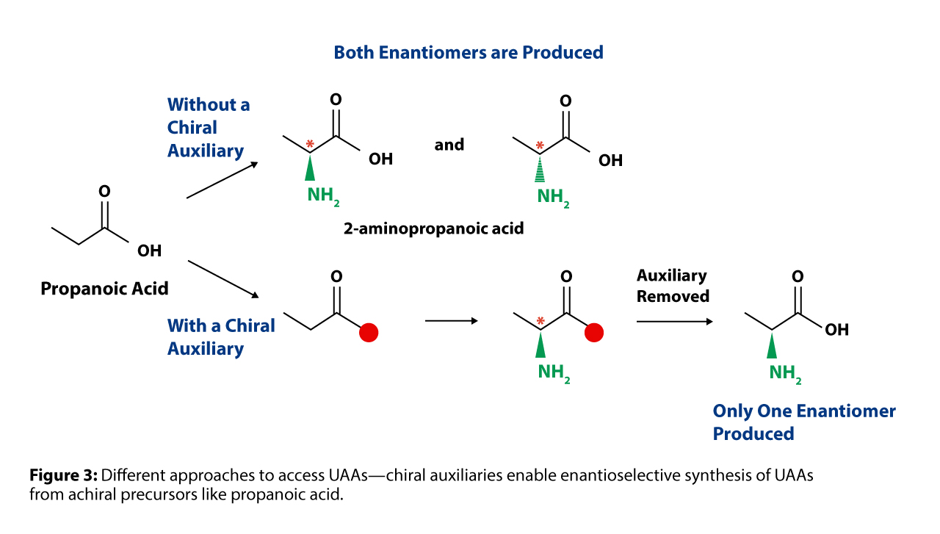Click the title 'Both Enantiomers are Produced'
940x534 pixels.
point(469,52)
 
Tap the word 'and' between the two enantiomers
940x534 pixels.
point(449,145)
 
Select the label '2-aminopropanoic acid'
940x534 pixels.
point(433,228)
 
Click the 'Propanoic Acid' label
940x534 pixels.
point(104,289)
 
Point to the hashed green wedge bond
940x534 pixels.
point(540,168)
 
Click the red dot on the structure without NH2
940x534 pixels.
point(369,333)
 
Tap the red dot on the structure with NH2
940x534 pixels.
point(594,333)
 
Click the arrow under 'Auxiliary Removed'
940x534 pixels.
point(674,322)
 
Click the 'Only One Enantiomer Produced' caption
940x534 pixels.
point(804,422)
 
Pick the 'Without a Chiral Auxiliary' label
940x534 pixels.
point(209,128)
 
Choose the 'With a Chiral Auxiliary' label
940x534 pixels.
point(221,337)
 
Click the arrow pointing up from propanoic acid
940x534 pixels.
point(222,180)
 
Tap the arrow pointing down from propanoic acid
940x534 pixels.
point(223,279)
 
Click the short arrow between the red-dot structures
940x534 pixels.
point(452,321)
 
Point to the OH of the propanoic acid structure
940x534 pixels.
point(149,250)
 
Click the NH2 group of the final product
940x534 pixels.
point(785,373)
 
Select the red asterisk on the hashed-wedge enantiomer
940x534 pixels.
point(540,146)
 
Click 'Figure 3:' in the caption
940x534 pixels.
point(63,475)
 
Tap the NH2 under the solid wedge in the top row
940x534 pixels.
point(323,195)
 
